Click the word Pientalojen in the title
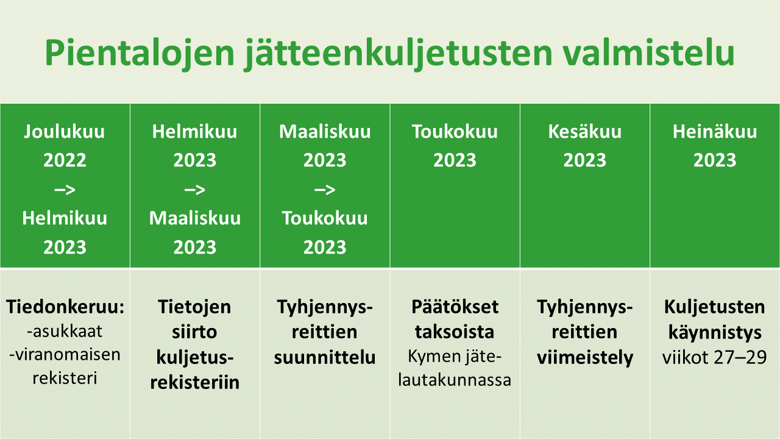point(140,53)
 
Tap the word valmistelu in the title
point(649,52)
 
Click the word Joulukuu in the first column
point(65,131)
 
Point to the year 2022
point(65,160)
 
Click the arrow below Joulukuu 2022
point(65,190)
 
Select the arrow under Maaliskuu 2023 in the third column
point(325,190)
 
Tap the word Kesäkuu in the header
point(584,131)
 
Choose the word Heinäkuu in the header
point(715,131)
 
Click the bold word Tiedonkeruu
point(65,307)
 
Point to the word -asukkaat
point(65,331)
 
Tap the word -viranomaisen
point(65,355)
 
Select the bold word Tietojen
point(194,307)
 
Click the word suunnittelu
point(325,357)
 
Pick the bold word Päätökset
point(455,307)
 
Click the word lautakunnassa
point(455,380)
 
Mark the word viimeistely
point(584,358)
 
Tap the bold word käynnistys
point(715,333)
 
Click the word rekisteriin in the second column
point(194,382)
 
